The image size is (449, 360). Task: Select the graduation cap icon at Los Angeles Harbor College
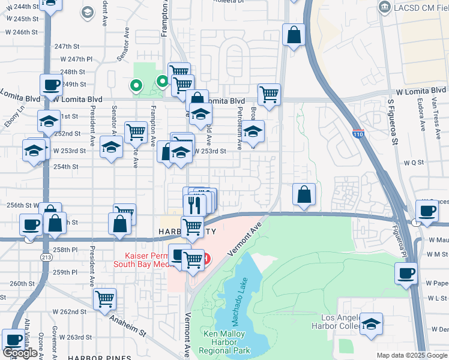pyautogui.click(x=372, y=323)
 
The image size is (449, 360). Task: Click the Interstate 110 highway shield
pyautogui.click(x=358, y=133)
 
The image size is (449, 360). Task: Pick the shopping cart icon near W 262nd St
pyautogui.click(x=106, y=298)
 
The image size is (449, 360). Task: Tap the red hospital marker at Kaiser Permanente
pyautogui.click(x=206, y=259)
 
